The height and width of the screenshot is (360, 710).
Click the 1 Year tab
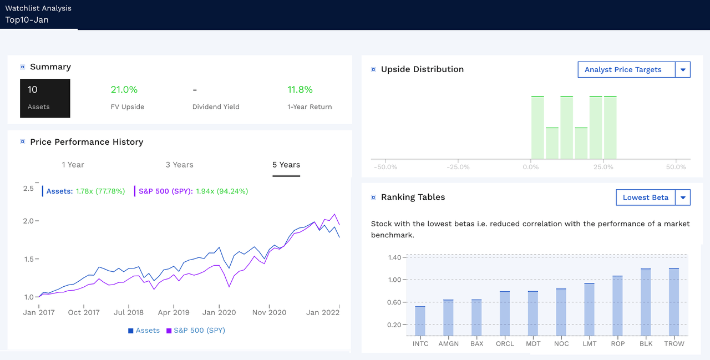[73, 165]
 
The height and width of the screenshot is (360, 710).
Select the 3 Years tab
[179, 165]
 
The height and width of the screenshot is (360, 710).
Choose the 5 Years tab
[286, 165]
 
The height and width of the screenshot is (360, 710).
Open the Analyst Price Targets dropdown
[633, 70]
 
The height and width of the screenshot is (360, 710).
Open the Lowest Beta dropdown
[653, 197]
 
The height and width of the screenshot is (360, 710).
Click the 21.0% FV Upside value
[124, 90]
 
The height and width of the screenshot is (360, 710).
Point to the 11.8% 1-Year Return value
[300, 90]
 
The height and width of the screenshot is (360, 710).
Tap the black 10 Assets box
[45, 98]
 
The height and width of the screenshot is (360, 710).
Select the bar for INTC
[420, 321]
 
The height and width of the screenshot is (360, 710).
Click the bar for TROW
[674, 302]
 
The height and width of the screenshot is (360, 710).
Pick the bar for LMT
[589, 310]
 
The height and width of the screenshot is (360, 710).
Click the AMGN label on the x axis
[448, 343]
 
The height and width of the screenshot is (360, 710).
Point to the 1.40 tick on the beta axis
[394, 257]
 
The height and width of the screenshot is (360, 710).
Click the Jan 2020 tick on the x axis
[219, 312]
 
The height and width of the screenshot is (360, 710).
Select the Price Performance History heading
[87, 142]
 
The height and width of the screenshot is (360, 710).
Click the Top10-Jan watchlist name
[27, 20]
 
